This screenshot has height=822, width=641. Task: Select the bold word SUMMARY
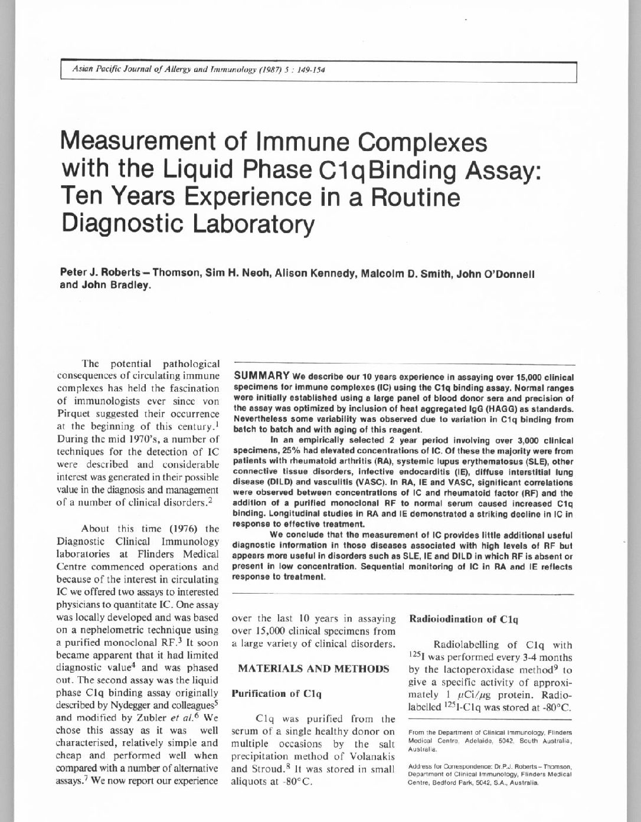click(261, 376)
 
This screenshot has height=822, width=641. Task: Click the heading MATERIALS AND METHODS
click(313, 669)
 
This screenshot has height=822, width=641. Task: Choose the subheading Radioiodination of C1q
click(463, 620)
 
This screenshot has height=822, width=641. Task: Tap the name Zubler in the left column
click(145, 718)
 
